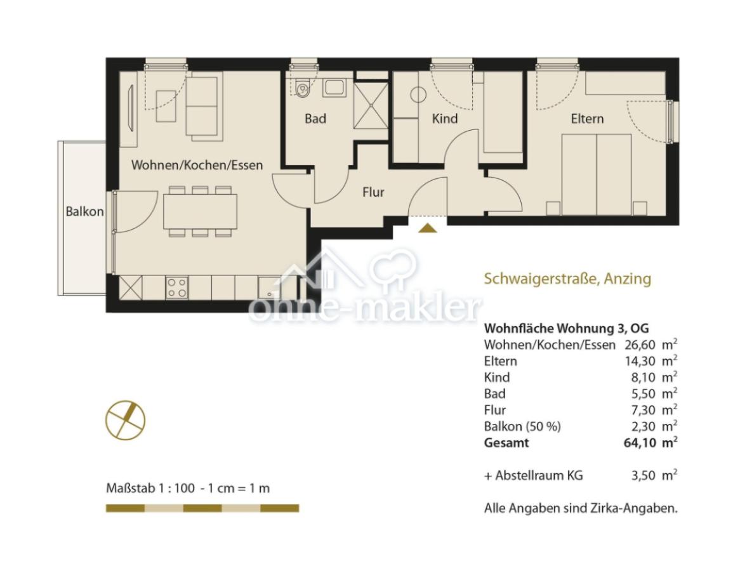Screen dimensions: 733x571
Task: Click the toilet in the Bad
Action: click(x=303, y=87)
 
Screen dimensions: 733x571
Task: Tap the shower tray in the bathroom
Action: click(x=371, y=105)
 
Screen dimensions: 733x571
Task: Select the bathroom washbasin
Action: click(x=334, y=88)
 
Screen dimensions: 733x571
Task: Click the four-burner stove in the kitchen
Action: click(x=177, y=287)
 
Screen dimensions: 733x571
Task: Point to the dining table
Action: click(x=200, y=211)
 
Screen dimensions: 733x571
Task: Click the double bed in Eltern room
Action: click(x=597, y=174)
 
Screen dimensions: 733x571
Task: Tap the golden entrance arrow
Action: click(x=427, y=228)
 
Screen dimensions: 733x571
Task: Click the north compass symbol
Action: click(x=125, y=420)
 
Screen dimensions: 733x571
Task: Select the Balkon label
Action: click(x=84, y=212)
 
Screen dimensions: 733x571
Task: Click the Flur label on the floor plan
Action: click(x=373, y=192)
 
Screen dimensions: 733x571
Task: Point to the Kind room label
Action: click(x=445, y=119)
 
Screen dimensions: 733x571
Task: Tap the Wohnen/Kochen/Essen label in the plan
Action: click(x=197, y=165)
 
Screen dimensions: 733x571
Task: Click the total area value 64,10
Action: click(x=640, y=442)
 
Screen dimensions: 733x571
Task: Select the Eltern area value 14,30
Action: click(x=640, y=361)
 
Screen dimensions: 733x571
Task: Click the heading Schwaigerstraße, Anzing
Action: click(x=567, y=279)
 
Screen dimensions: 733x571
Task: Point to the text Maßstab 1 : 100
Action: click(x=150, y=489)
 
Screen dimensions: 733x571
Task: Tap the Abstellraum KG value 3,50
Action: click(x=644, y=476)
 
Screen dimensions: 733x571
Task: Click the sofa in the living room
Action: click(x=203, y=108)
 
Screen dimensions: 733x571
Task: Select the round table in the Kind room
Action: click(x=418, y=95)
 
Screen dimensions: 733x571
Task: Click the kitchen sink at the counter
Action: click(x=270, y=287)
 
